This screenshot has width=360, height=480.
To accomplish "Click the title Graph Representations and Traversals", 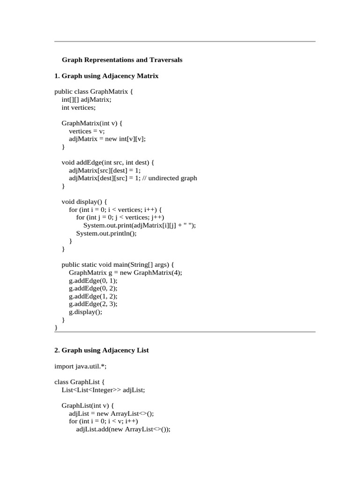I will coord(122,60).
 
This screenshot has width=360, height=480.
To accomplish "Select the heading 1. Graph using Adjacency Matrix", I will coord(106,76).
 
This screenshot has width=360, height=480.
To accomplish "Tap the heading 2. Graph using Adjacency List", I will coord(102,350).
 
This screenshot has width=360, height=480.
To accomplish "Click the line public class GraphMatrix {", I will coord(94,92).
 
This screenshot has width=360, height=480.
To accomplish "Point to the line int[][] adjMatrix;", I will coord(87,100).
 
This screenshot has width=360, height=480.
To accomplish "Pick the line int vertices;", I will coord(78,107).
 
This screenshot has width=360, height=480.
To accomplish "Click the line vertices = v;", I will coord(87,131).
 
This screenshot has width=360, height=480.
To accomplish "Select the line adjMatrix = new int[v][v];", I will coord(111,139).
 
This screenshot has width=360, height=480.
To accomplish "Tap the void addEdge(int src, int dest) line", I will coord(108,163).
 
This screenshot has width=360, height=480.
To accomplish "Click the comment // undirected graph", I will coord(174,178).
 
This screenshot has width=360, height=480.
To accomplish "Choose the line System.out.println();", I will coord(106,233).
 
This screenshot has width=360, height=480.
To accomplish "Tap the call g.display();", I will coord(85,312).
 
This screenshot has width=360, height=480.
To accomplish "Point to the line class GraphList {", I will coord(78,382).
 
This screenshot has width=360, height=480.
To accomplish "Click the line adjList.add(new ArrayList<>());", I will coord(123,429).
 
